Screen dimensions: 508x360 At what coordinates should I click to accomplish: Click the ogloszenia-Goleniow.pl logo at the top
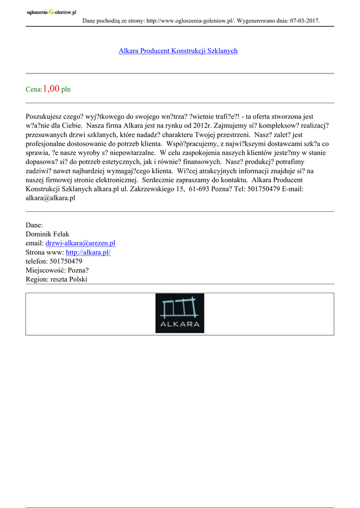[51, 12]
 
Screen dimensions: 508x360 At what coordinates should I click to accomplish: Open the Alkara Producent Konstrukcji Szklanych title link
[178, 51]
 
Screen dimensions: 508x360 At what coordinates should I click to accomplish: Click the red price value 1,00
[51, 89]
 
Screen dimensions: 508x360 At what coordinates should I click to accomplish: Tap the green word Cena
[33, 90]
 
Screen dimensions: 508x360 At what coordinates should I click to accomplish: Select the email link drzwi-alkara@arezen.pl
[80, 243]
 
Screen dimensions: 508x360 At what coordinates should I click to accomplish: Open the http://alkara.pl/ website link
[88, 252]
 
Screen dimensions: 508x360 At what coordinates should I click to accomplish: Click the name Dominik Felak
[47, 234]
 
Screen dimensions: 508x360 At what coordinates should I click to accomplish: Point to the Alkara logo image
[179, 313]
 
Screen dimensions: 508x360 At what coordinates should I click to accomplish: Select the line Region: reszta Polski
[56, 279]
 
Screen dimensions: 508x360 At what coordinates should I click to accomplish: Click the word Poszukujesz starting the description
[44, 117]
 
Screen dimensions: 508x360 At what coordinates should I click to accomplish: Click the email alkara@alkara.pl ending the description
[50, 198]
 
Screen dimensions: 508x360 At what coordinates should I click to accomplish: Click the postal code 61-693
[198, 189]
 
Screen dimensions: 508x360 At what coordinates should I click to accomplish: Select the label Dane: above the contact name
[34, 225]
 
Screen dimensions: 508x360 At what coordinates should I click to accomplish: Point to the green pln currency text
[66, 90]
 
